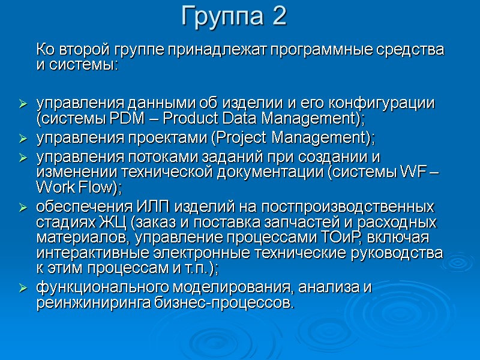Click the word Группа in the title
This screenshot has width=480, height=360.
(x=222, y=17)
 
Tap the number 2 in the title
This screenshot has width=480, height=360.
(x=279, y=17)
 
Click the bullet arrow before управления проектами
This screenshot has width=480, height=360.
(x=23, y=139)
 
